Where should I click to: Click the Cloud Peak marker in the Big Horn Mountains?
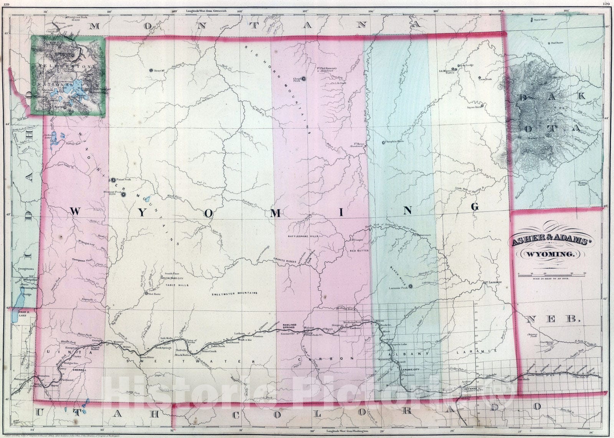click(304, 79)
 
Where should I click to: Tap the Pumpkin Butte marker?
click(383, 143)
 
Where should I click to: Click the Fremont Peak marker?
click(123, 195)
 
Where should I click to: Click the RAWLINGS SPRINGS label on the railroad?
click(290, 327)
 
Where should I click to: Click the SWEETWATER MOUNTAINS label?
click(234, 294)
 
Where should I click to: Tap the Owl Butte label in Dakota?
click(557, 43)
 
